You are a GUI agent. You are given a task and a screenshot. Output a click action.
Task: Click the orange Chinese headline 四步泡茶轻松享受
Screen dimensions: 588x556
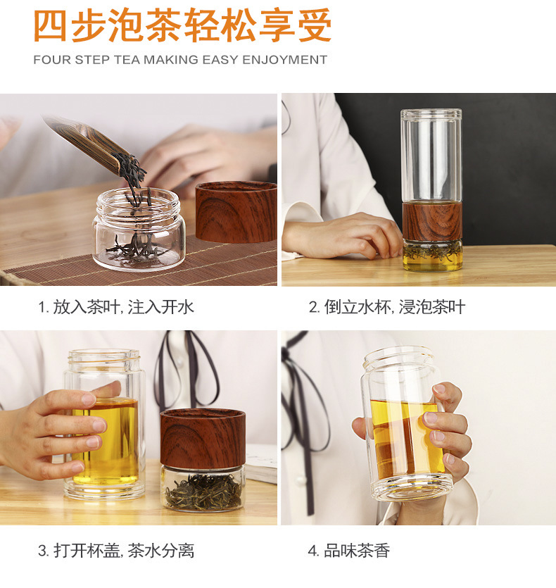click(182, 27)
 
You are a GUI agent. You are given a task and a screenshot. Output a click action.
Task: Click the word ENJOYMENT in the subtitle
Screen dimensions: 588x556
click(284, 60)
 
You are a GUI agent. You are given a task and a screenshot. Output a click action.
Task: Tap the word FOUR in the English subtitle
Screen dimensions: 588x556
click(51, 60)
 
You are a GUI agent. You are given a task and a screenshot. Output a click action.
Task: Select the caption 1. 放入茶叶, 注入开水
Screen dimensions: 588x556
click(116, 307)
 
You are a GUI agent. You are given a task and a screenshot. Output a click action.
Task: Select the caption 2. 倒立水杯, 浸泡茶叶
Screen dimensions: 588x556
click(386, 307)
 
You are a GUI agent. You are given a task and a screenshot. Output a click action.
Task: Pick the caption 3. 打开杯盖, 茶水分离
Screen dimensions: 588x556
click(116, 550)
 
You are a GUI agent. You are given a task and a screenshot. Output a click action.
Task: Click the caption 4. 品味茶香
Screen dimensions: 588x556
click(348, 550)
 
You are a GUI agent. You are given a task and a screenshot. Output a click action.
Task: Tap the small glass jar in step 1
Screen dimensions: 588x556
click(139, 229)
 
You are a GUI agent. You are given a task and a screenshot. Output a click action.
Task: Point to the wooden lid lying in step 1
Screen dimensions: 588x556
click(236, 211)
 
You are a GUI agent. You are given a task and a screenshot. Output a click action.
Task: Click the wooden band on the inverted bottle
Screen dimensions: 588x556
click(431, 220)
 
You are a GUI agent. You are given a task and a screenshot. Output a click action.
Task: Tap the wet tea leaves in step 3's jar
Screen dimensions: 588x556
click(203, 492)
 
